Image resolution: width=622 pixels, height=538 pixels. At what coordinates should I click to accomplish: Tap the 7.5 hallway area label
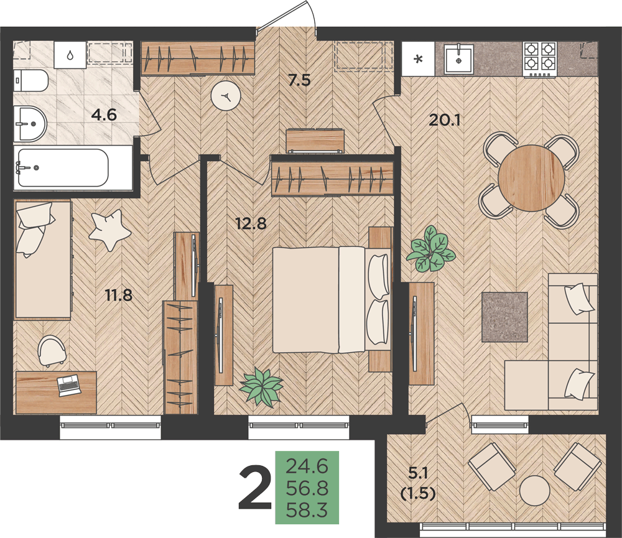[299, 80]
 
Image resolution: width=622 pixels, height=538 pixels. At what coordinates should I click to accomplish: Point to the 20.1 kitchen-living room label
[444, 119]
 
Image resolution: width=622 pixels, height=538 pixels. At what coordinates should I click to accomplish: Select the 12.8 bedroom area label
[251, 224]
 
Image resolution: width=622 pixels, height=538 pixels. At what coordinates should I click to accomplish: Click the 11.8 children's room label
[119, 295]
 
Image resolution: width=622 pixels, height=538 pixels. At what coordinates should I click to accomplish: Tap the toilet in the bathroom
[31, 80]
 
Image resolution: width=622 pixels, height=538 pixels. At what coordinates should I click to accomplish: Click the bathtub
[62, 168]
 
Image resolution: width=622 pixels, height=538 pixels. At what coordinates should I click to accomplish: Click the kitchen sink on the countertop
[458, 59]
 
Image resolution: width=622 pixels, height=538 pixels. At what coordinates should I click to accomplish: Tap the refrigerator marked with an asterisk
[419, 58]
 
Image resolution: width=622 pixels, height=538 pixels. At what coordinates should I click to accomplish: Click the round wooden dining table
[531, 178]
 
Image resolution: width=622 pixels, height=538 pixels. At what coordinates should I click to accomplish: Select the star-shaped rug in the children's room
[109, 230]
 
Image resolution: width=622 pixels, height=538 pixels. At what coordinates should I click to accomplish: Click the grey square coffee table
[504, 317]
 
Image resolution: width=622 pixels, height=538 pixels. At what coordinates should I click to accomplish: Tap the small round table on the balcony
[535, 491]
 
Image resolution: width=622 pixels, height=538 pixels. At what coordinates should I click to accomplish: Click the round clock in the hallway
[226, 96]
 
